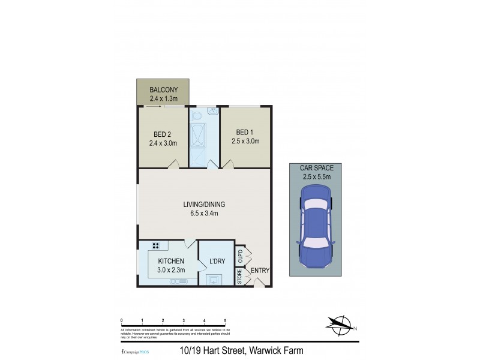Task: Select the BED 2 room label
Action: pos(163,134)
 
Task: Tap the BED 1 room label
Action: pos(245,132)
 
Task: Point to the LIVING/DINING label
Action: pos(205,204)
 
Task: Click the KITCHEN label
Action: pos(170,262)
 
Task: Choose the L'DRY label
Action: pos(217,262)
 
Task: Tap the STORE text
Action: pos(239,278)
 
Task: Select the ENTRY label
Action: pos(260,271)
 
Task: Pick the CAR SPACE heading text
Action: pos(316,169)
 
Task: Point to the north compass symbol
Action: pos(341,326)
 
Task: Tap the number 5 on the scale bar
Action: pos(225,321)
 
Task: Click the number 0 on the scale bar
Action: pos(122,321)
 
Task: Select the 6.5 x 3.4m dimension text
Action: pos(205,213)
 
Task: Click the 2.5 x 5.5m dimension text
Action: pos(316,177)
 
